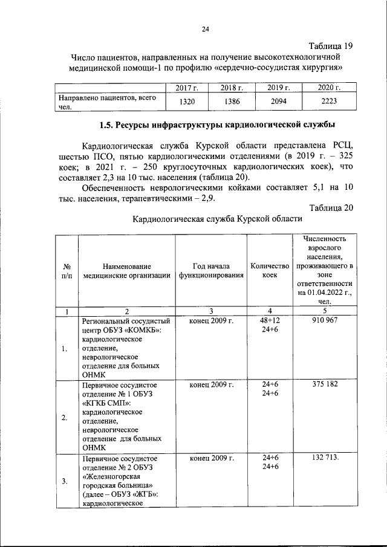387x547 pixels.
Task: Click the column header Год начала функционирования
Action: [211, 271]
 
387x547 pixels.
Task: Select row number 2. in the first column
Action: [65, 417]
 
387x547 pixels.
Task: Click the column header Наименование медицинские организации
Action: [126, 271]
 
